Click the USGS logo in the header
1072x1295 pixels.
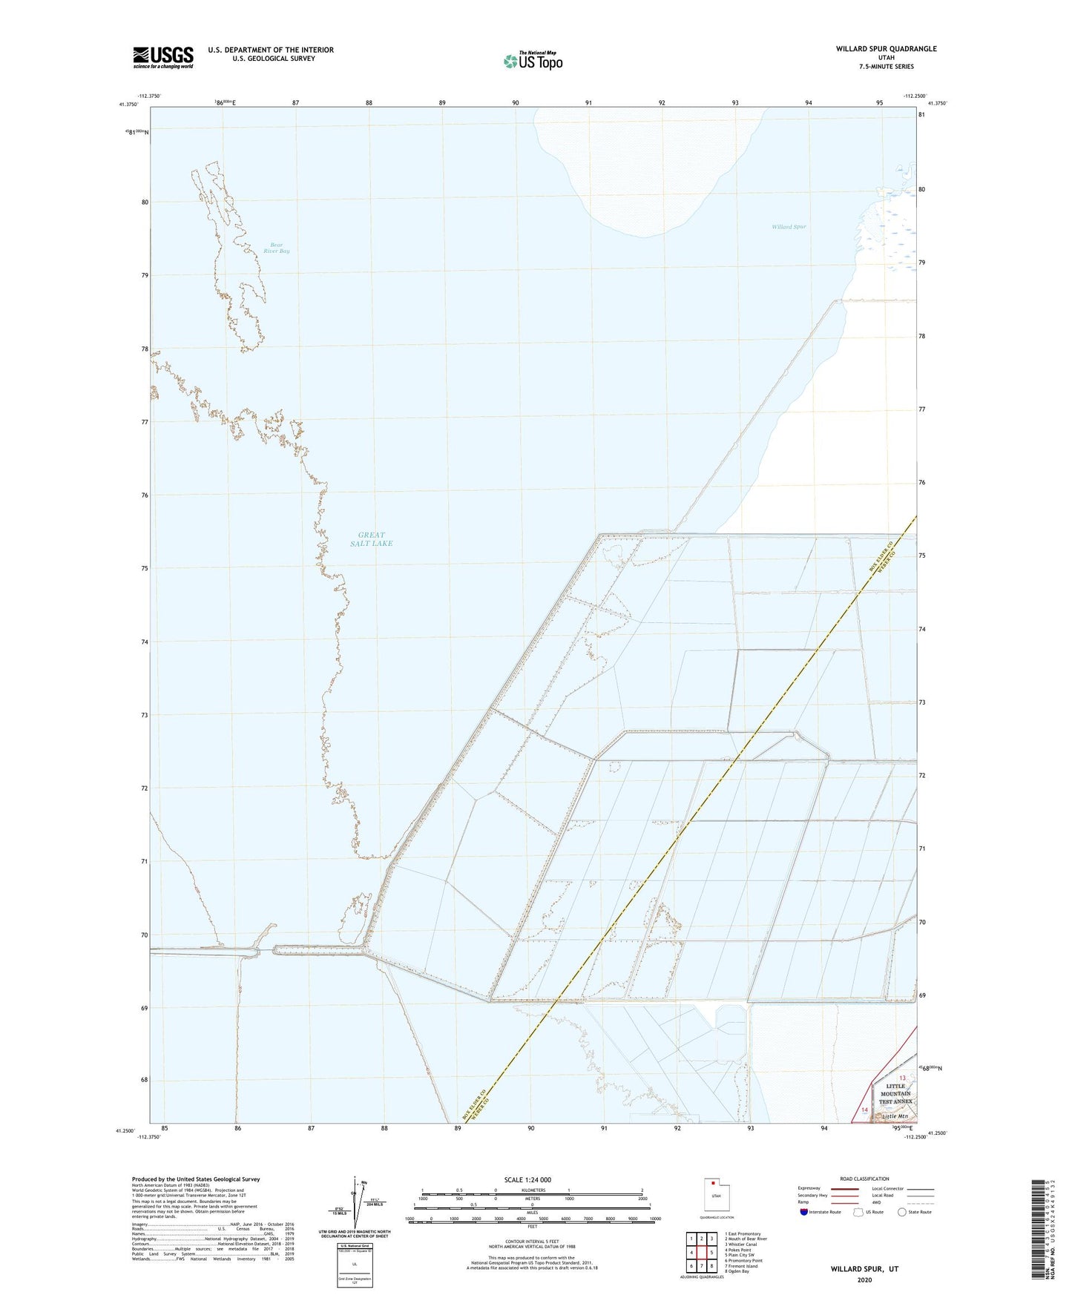pos(162,57)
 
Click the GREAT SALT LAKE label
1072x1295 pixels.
pos(371,539)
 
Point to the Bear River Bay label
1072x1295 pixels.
pos(276,248)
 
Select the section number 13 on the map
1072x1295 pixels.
pos(902,1078)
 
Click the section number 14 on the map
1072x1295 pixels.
pos(864,1109)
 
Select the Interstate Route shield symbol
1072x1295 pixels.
pos(804,1212)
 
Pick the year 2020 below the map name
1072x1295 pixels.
pos(864,1280)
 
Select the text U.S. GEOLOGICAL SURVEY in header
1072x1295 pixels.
pos(271,59)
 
